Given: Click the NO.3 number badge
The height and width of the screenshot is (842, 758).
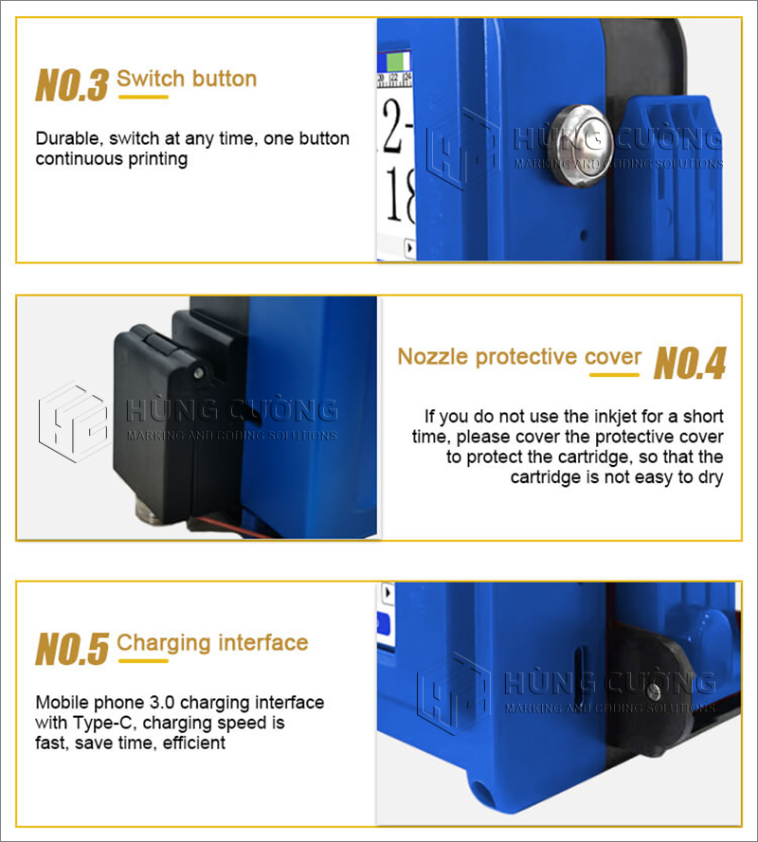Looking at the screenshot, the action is coord(72,85).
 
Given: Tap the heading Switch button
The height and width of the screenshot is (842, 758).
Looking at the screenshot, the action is coord(187,79).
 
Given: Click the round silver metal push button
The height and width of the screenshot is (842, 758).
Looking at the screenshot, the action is coord(583,145).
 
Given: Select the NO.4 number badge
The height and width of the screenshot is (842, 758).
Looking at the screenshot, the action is coord(690,363).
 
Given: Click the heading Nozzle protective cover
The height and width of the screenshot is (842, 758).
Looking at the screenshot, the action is coord(519,356).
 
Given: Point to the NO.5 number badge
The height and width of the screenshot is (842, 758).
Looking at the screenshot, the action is coord(72,649).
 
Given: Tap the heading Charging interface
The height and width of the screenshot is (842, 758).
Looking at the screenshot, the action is coord(212,643).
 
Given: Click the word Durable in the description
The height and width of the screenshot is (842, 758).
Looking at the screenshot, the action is coord(69,138).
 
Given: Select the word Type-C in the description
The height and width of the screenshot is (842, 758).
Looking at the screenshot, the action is coord(104,723).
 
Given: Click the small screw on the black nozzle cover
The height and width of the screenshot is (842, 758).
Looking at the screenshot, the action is coord(199,371).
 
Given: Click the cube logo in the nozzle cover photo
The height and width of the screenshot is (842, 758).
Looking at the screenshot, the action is coord(74,421).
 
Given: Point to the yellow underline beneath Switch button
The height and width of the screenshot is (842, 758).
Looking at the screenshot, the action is coord(143,98).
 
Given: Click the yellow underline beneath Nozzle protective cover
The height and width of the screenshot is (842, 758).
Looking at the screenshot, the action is coord(615,375).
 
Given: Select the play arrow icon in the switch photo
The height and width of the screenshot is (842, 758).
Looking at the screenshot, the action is coord(410,248).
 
